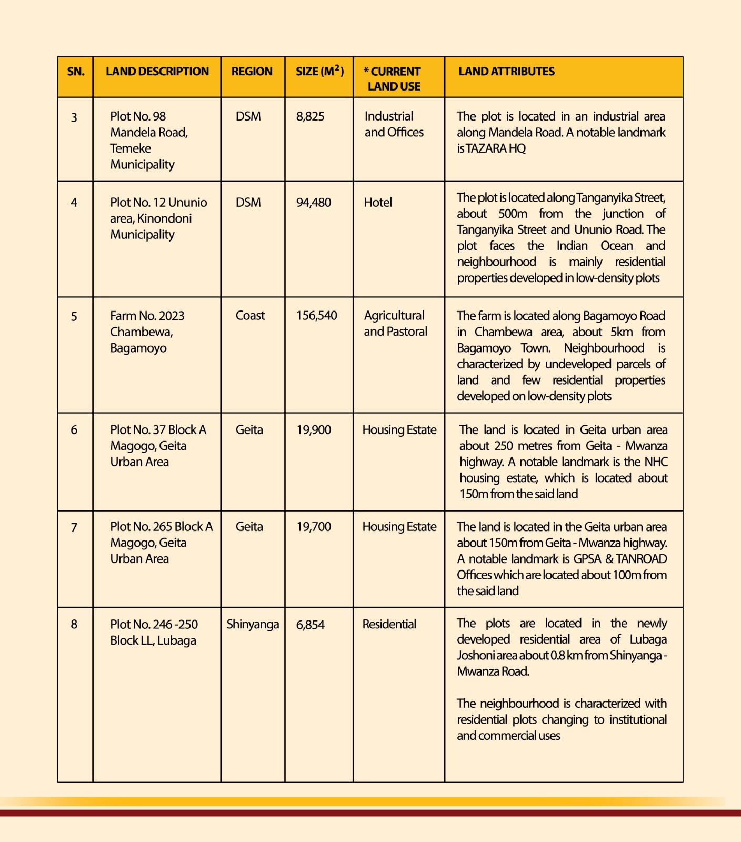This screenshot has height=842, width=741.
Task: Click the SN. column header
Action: point(76,72)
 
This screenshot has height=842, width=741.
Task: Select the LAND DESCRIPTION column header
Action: point(157,72)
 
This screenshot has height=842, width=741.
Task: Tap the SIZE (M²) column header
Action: point(319,71)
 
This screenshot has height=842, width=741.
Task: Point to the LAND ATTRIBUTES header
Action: point(506,72)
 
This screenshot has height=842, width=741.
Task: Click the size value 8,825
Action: point(310,116)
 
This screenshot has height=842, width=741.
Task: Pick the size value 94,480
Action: point(314,203)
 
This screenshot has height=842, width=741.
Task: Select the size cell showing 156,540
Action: point(316,316)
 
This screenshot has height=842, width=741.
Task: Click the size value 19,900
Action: point(314,430)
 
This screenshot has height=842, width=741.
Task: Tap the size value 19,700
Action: point(314,527)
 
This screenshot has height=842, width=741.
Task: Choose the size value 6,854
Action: point(310,625)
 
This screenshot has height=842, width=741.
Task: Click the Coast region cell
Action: point(250,316)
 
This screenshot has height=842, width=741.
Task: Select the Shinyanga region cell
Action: point(253,625)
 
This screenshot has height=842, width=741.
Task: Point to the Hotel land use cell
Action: point(378,203)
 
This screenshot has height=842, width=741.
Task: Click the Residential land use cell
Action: point(389,625)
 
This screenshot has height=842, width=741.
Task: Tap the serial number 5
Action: point(74,316)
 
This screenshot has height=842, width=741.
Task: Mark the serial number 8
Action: point(74,625)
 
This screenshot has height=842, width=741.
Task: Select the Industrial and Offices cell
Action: point(394,124)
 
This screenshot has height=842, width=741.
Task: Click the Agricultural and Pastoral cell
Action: point(395,324)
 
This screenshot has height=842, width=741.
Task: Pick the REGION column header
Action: point(252,72)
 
